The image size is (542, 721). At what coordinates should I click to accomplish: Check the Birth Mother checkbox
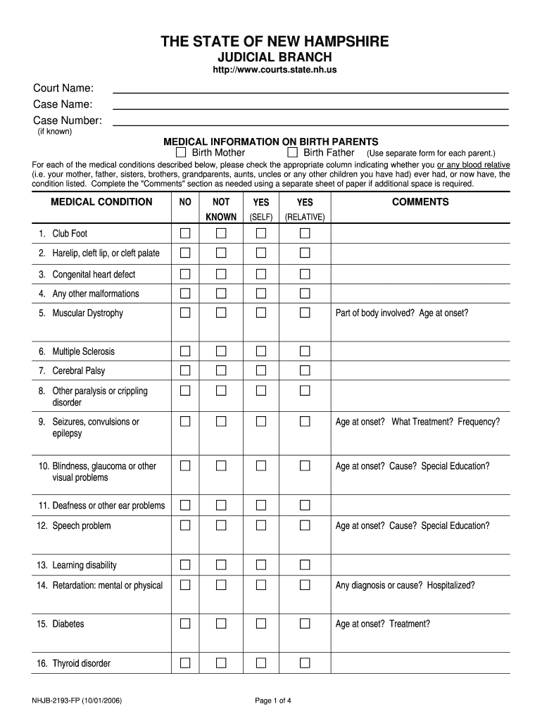pos(181,153)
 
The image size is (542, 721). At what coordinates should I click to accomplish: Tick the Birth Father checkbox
pos(292,153)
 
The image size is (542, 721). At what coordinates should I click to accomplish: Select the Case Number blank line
pos(310,122)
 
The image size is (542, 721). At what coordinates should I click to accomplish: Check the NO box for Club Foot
pos(185,233)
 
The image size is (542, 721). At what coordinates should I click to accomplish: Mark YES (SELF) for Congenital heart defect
pos(261,274)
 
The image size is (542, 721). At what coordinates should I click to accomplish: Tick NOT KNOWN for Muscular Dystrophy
pos(221,313)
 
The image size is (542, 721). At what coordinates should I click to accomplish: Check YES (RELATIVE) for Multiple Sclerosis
pos(305,351)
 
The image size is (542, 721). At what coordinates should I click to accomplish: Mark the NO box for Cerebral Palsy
pos(185,370)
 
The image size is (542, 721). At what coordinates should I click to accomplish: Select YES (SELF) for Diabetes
pos(261,623)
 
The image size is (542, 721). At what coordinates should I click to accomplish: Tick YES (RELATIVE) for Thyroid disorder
pos(305,663)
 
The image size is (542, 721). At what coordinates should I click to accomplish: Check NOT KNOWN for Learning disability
pos(221,565)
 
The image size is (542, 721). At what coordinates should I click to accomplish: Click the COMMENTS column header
pos(420,202)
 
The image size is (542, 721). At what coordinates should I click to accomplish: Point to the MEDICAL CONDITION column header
pos(101,202)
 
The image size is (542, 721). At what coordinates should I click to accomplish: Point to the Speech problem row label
pos(81,526)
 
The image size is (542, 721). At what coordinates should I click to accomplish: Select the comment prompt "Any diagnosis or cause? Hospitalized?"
pos(405,585)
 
